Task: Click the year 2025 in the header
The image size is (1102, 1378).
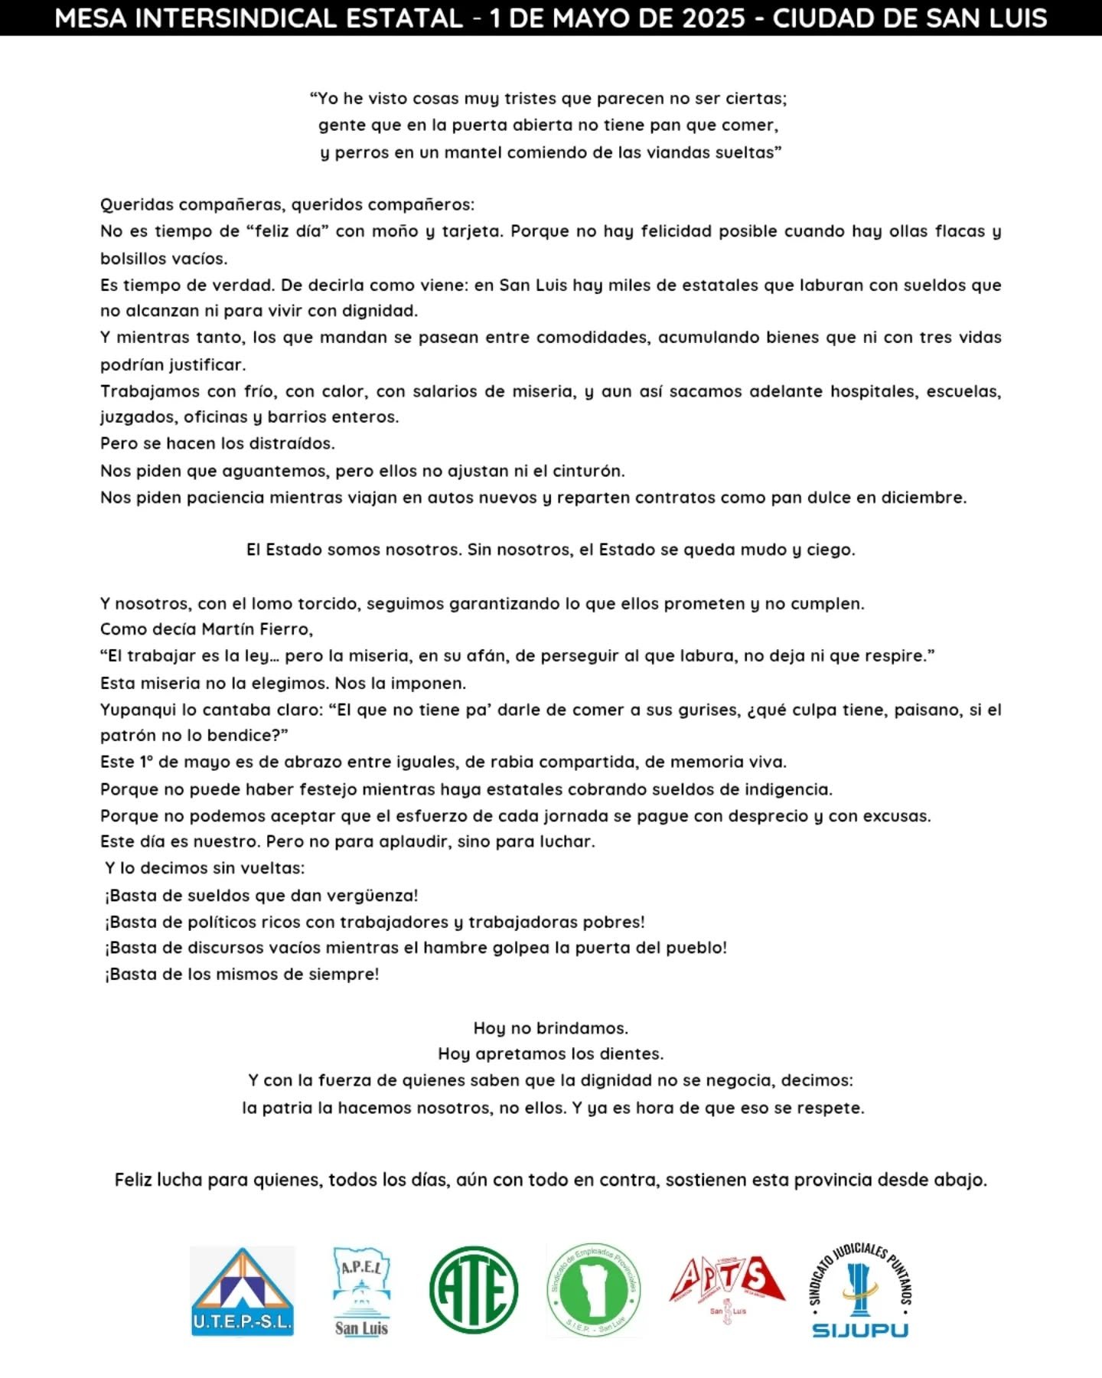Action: (x=708, y=18)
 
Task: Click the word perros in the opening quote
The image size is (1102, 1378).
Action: (x=363, y=152)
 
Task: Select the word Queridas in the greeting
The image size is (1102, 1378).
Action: (x=132, y=204)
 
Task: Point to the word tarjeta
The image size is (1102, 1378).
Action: (x=472, y=231)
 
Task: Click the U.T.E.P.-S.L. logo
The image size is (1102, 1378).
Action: (x=242, y=1291)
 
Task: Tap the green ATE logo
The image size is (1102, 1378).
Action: (x=474, y=1291)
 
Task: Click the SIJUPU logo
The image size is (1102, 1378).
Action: (x=860, y=1291)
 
